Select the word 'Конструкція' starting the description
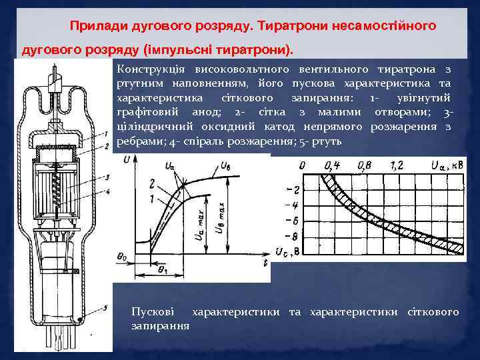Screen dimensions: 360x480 (x=147, y=69)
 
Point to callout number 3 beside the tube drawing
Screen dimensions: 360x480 (x=107, y=177)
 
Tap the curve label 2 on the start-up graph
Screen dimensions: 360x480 (x=153, y=183)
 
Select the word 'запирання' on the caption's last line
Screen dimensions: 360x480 (x=161, y=326)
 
